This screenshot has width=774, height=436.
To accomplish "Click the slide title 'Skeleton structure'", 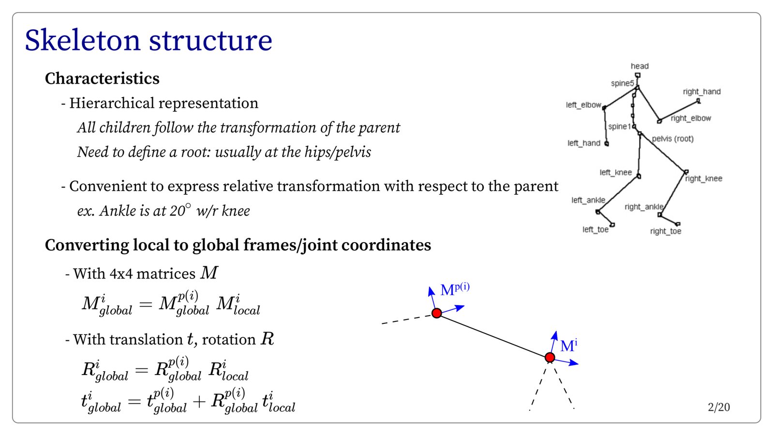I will coord(148,41).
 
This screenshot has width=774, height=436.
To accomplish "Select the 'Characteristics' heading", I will coord(102,78).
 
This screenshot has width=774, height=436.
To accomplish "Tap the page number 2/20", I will coord(718,407).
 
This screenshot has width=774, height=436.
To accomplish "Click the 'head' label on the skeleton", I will coord(640,66).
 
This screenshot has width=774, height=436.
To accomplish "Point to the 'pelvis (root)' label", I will coord(672,139).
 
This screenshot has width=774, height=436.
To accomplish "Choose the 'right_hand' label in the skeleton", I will coord(701,92).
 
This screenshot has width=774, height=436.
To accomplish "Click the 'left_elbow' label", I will coord(583,105).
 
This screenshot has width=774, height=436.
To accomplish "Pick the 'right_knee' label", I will coord(703,178).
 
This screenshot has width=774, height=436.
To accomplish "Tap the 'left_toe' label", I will coord(595,229).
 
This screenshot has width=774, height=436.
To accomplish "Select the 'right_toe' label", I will coord(665,231).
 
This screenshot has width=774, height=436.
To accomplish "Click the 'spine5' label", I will coord(622,83).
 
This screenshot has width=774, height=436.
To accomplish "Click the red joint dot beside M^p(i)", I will coord(436,313).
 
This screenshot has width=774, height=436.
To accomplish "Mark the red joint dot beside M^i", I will coord(550,358).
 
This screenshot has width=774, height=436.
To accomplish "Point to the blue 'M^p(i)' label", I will coord(455,290).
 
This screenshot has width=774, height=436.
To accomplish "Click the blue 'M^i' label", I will coord(568,346).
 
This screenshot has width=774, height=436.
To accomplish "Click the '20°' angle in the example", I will coord(179,210).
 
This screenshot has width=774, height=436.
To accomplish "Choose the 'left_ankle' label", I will coord(588,200).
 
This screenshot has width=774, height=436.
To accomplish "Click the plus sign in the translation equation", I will coord(199,402).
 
